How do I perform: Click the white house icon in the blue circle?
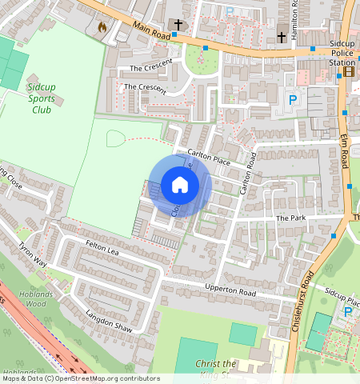point(180,186)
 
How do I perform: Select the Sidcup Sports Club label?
point(31,96)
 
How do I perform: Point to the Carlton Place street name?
point(208,157)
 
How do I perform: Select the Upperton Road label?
point(230,293)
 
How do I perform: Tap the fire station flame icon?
point(102,26)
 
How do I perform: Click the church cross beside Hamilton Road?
point(282,37)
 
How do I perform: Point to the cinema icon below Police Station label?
point(349,71)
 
